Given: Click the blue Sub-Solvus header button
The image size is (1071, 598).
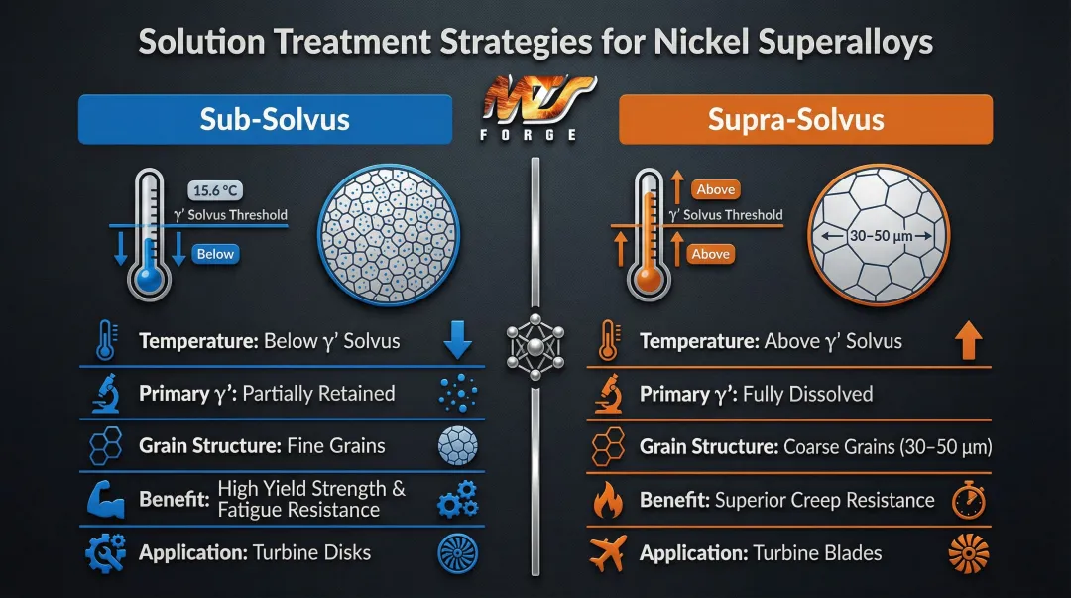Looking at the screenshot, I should [x=265, y=120].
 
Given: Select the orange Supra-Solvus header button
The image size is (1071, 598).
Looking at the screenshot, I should [x=804, y=120].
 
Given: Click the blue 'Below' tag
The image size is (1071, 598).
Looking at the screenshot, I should [x=215, y=255].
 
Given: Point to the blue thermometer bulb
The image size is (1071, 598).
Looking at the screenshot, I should [x=150, y=280].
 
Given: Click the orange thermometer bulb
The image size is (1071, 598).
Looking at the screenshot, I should [x=649, y=280].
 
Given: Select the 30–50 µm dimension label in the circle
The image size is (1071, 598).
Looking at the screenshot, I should [x=874, y=236].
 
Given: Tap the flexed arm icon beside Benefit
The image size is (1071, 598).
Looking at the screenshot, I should [x=105, y=499].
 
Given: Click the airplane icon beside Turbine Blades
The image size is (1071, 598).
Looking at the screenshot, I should [x=605, y=552].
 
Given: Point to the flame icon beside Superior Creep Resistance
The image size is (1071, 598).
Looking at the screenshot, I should [x=606, y=500].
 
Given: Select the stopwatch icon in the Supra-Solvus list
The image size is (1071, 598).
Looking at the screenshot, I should [x=969, y=500].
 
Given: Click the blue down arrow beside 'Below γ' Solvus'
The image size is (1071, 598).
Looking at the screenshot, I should [x=457, y=340].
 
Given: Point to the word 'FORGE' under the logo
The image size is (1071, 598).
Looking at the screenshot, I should [x=535, y=134].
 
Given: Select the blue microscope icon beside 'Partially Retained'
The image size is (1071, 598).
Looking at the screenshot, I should [x=105, y=394].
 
